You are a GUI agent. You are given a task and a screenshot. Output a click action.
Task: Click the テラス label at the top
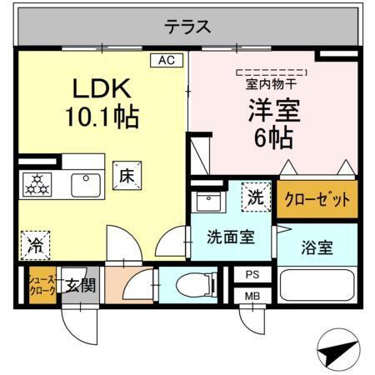[187, 27]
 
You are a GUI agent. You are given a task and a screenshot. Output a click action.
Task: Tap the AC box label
[164, 60]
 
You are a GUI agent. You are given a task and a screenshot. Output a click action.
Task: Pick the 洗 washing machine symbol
[256, 197]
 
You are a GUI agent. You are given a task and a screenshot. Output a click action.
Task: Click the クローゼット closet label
[317, 200]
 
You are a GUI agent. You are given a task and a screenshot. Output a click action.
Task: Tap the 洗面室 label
[230, 236]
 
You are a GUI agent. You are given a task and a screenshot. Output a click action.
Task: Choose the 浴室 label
[317, 247]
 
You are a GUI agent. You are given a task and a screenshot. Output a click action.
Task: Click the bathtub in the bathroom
[317, 285]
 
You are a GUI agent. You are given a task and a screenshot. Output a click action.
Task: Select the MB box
[252, 295]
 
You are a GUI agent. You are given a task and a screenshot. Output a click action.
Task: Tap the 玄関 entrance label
[80, 286]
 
